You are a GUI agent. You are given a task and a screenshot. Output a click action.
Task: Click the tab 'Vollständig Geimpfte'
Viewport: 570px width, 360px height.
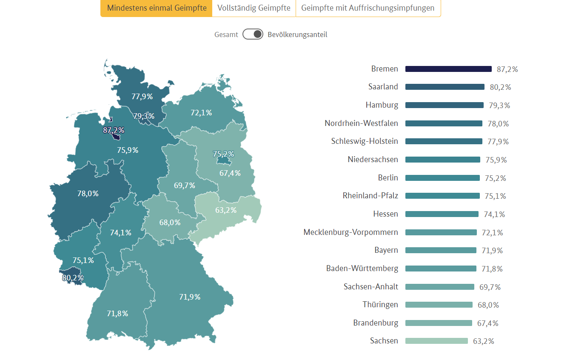point(254,8)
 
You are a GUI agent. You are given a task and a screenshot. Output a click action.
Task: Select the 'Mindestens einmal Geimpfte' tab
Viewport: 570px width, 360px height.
point(157,8)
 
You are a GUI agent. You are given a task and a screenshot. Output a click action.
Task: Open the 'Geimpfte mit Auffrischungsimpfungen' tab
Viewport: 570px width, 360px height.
point(368,8)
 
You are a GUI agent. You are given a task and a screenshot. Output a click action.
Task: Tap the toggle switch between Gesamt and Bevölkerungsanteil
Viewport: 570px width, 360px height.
point(253,34)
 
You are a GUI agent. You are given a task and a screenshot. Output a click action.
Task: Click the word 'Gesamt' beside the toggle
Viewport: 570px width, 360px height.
point(226,35)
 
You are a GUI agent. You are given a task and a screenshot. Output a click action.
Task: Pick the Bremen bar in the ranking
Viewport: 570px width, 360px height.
point(448,69)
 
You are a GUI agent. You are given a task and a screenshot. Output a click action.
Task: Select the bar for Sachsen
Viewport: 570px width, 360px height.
point(436,341)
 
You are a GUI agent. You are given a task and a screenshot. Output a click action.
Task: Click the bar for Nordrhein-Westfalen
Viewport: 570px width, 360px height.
point(444,123)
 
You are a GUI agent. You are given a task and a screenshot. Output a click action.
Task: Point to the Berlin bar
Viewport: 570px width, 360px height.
point(442,178)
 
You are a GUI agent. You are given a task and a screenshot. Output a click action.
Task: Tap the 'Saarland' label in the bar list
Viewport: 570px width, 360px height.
point(383,87)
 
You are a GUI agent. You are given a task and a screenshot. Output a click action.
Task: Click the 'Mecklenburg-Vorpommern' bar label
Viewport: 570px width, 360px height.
point(351,232)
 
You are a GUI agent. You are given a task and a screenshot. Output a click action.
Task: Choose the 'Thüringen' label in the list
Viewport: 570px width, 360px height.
point(380,305)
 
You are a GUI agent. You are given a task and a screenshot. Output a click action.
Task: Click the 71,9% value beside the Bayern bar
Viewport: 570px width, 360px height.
point(492,251)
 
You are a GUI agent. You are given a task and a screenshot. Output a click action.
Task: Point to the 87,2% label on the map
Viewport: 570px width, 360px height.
point(114,130)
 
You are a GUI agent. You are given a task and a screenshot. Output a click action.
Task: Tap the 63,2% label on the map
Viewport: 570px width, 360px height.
point(226,210)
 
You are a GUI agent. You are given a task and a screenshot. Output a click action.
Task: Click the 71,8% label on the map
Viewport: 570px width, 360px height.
point(117,314)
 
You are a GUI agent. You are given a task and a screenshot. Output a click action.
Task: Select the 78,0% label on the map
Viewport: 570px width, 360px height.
point(88,194)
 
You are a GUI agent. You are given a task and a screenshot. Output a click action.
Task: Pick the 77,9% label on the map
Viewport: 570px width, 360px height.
point(142,97)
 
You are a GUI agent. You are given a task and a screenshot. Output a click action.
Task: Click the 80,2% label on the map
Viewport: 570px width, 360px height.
point(73,278)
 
